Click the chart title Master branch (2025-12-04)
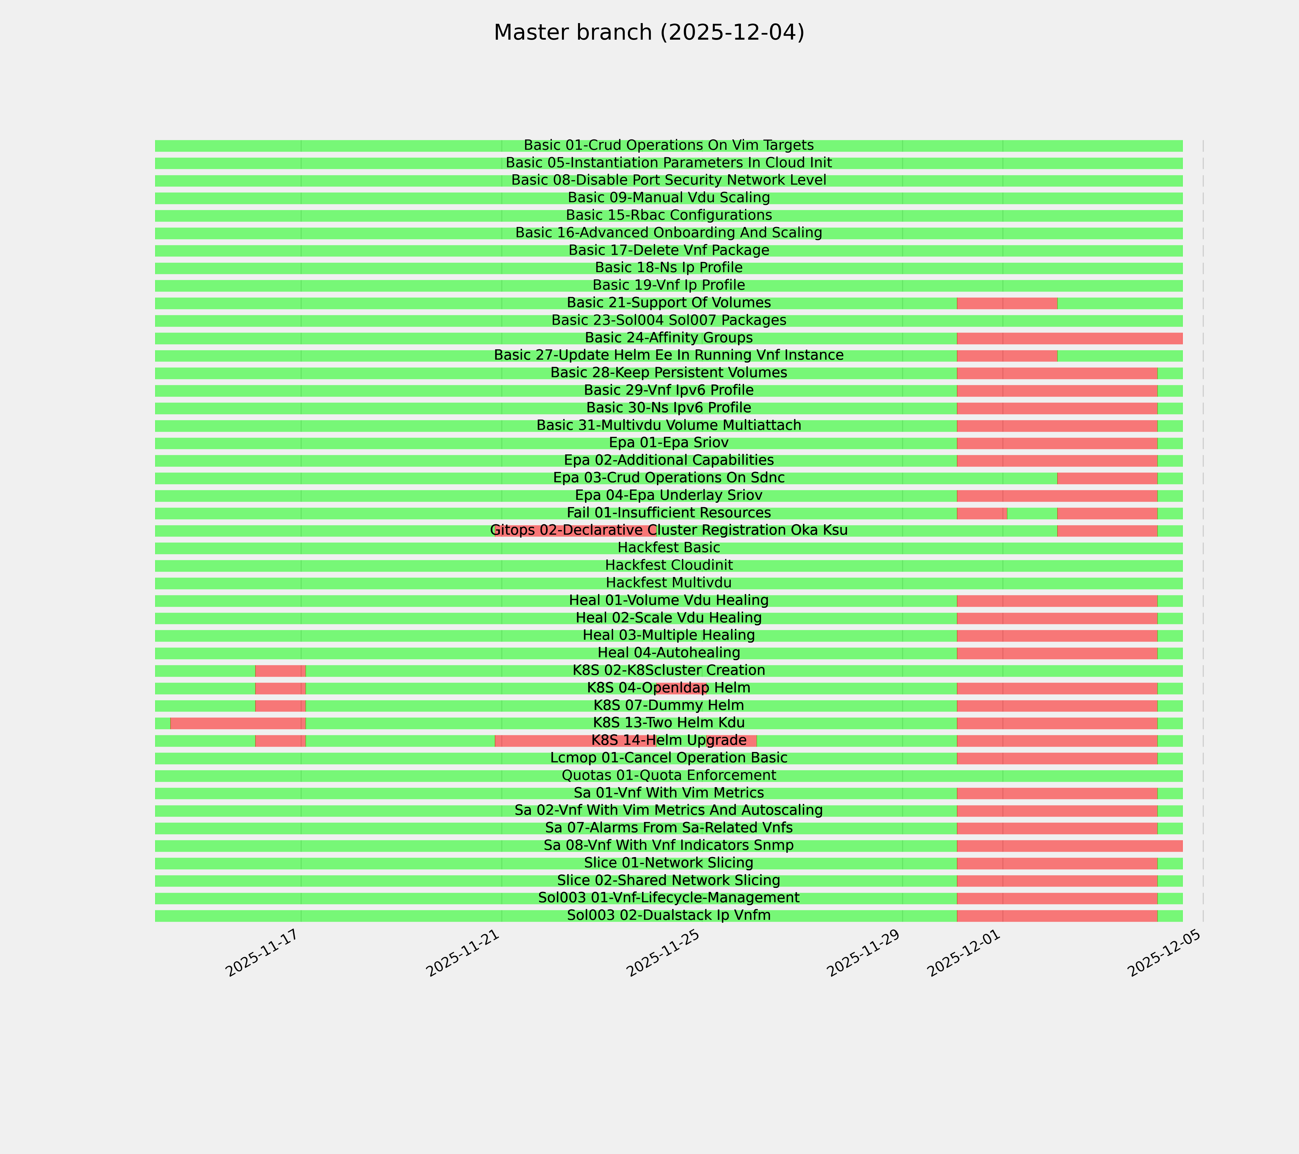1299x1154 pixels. click(649, 32)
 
